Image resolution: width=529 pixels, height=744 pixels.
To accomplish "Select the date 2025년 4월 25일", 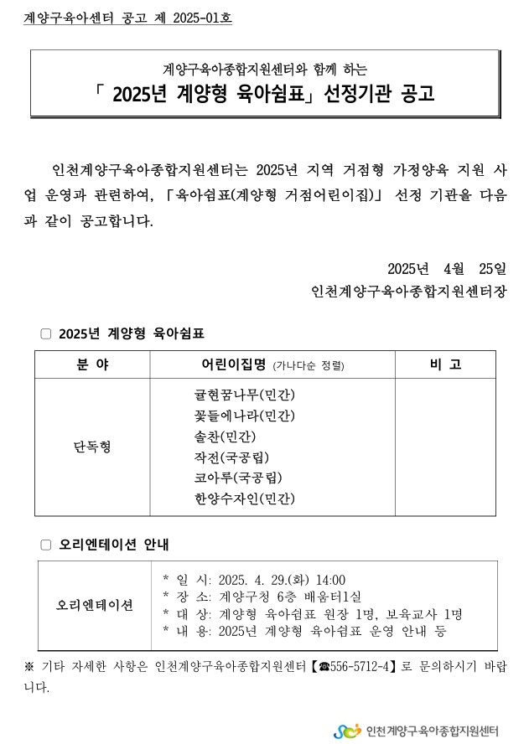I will click(x=447, y=269).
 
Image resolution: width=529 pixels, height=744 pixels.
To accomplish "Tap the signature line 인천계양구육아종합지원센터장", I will click(x=408, y=292).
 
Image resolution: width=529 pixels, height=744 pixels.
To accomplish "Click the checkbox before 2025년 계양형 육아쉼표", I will click(x=46, y=333).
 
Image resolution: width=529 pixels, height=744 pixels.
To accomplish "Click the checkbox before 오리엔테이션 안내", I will click(x=46, y=545).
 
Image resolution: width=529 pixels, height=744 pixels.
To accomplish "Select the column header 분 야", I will click(x=92, y=364).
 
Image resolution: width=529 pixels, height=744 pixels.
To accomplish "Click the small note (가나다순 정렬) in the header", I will click(x=309, y=366).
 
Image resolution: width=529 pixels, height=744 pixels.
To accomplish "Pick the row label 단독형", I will click(x=92, y=447).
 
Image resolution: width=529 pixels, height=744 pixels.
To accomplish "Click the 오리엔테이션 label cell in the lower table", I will click(x=94, y=606).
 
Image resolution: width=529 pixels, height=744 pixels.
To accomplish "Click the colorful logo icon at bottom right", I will click(x=347, y=731).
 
